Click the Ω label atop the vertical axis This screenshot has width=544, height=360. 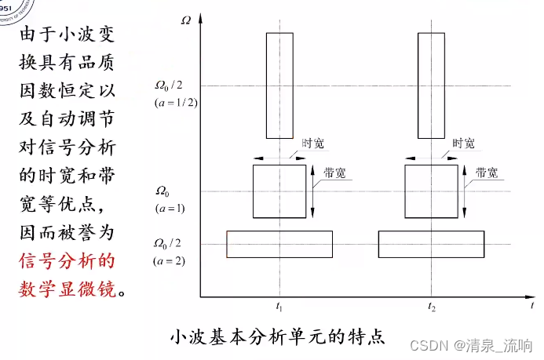(185, 19)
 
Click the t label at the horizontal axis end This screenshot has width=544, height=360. (532, 303)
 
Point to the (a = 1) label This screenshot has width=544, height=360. (169, 207)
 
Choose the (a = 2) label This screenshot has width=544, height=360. (169, 260)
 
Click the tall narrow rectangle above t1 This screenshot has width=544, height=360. (279, 85)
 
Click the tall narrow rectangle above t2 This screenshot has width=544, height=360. (431, 85)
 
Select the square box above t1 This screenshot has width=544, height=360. (279, 191)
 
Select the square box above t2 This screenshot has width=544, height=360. (430, 191)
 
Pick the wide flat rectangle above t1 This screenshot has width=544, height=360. (279, 244)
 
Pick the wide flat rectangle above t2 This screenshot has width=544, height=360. (431, 244)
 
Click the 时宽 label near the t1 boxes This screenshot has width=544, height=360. (312, 144)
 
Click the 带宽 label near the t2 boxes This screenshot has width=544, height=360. (487, 174)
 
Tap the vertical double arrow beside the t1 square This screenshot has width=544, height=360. (313, 191)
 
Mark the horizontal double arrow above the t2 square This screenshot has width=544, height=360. (430, 158)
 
